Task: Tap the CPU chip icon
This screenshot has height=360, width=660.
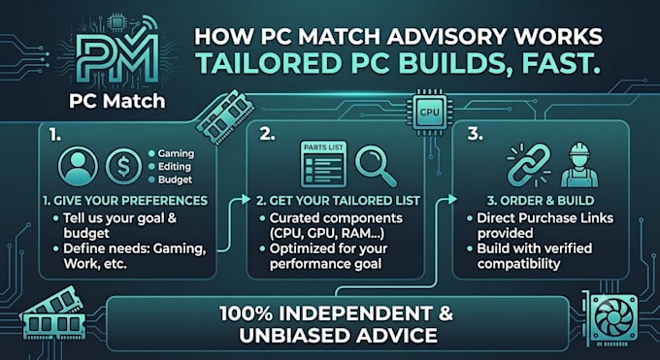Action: pyautogui.click(x=429, y=112)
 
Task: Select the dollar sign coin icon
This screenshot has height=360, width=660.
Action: pyautogui.click(x=123, y=166)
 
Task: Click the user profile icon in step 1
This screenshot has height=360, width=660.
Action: pyautogui.click(x=78, y=166)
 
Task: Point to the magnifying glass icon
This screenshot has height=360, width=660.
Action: pyautogui.click(x=375, y=166)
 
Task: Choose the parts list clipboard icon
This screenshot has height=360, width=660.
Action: pyautogui.click(x=323, y=164)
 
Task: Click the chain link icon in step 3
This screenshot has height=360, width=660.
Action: pyautogui.click(x=529, y=165)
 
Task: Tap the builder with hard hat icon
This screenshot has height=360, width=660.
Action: pyautogui.click(x=579, y=165)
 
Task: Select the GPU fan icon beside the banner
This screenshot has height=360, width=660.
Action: pyautogui.click(x=610, y=318)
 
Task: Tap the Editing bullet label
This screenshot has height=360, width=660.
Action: pyautogui.click(x=175, y=167)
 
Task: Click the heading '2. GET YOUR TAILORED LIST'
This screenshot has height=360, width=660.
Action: pyautogui.click(x=338, y=201)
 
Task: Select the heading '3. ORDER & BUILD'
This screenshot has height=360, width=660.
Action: pyautogui.click(x=541, y=201)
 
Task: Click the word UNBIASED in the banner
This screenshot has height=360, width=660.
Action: pyautogui.click(x=294, y=336)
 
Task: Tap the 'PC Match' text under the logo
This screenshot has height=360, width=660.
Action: pyautogui.click(x=117, y=101)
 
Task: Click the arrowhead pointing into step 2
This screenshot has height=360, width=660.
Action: pyautogui.click(x=247, y=199)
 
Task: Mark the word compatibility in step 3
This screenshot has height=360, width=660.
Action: pyautogui.click(x=518, y=264)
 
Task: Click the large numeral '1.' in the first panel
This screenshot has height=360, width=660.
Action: pyautogui.click(x=54, y=134)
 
